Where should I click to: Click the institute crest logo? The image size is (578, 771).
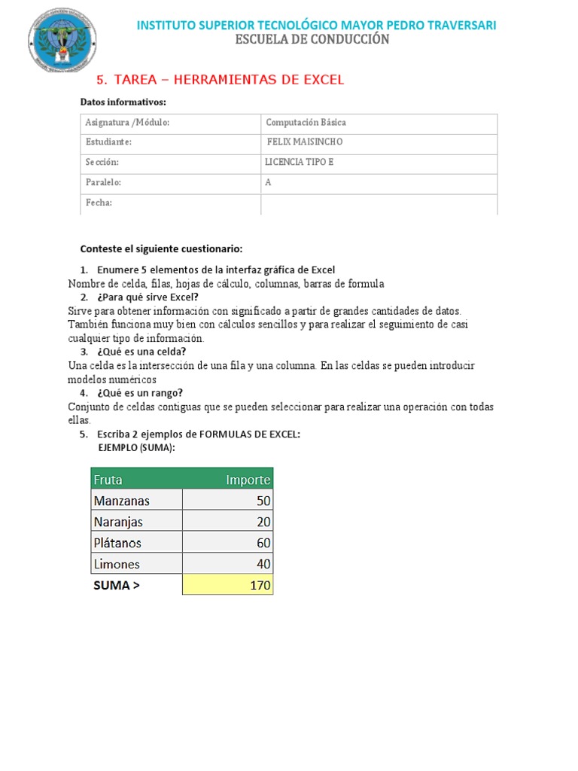point(62,40)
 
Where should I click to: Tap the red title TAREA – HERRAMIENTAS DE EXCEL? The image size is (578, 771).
point(220,79)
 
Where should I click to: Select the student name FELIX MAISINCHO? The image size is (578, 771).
point(305,142)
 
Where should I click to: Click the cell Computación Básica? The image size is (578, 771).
point(306,122)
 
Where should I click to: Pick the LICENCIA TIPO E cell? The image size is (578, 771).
point(299,162)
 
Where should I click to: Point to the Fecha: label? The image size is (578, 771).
point(99,203)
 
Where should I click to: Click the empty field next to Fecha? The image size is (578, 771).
point(379,204)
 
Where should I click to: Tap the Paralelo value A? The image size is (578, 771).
point(268,182)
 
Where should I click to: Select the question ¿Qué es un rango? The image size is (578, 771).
point(140,393)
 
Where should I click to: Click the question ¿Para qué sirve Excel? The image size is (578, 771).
point(148,297)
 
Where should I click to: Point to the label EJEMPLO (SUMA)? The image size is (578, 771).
point(137,447)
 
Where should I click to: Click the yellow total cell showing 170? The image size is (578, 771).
point(227,585)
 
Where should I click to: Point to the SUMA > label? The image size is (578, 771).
point(117,585)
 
